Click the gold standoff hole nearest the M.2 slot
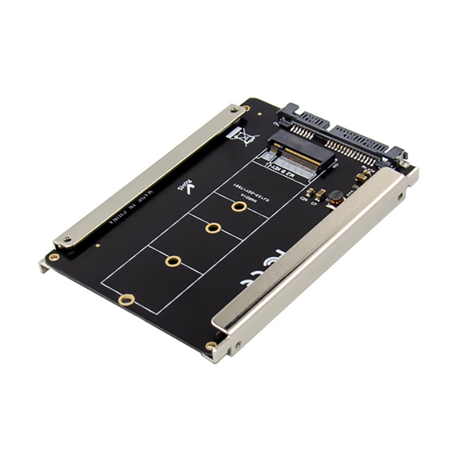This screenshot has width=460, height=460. click(240, 206)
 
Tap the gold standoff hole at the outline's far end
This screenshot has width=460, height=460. click(126, 299)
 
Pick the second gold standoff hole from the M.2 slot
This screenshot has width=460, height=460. click(213, 228)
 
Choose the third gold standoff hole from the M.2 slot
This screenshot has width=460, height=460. click(173, 261)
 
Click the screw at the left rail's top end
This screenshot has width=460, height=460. click(233, 108)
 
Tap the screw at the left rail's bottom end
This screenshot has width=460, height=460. click(66, 240)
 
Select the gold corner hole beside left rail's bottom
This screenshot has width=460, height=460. click(53, 257)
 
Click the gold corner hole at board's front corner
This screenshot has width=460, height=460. click(212, 346)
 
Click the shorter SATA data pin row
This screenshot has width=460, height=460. click(301, 131)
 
